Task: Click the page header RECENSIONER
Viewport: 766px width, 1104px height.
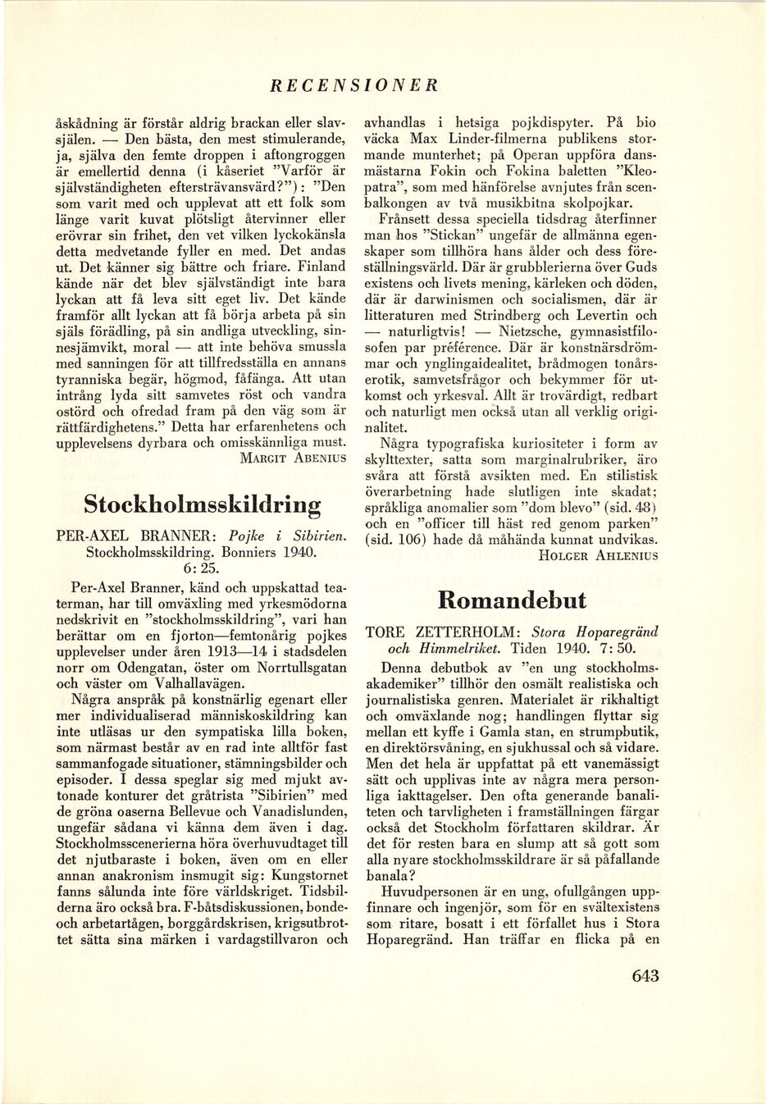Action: tap(354, 84)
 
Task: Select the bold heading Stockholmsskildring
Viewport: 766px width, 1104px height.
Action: tap(203, 501)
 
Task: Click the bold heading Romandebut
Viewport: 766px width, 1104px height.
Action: tap(513, 600)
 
